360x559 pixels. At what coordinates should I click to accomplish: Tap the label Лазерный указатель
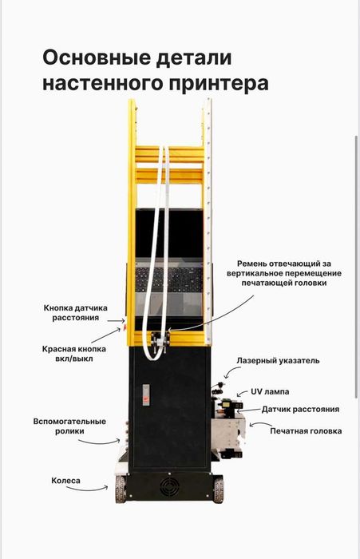pyautogui.click(x=278, y=361)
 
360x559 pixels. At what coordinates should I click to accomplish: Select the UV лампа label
pyautogui.click(x=271, y=392)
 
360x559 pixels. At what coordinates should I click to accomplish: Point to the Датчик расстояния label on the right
pyautogui.click(x=300, y=409)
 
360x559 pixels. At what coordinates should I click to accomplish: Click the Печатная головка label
pyautogui.click(x=306, y=431)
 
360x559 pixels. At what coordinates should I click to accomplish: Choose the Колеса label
pyautogui.click(x=67, y=481)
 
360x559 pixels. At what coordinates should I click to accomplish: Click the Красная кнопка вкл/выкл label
pyautogui.click(x=74, y=354)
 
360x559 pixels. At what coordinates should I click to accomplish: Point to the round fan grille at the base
pyautogui.click(x=168, y=487)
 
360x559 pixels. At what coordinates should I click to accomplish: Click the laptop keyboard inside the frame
pyautogui.click(x=168, y=280)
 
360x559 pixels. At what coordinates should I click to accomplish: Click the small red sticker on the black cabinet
pyautogui.click(x=145, y=393)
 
